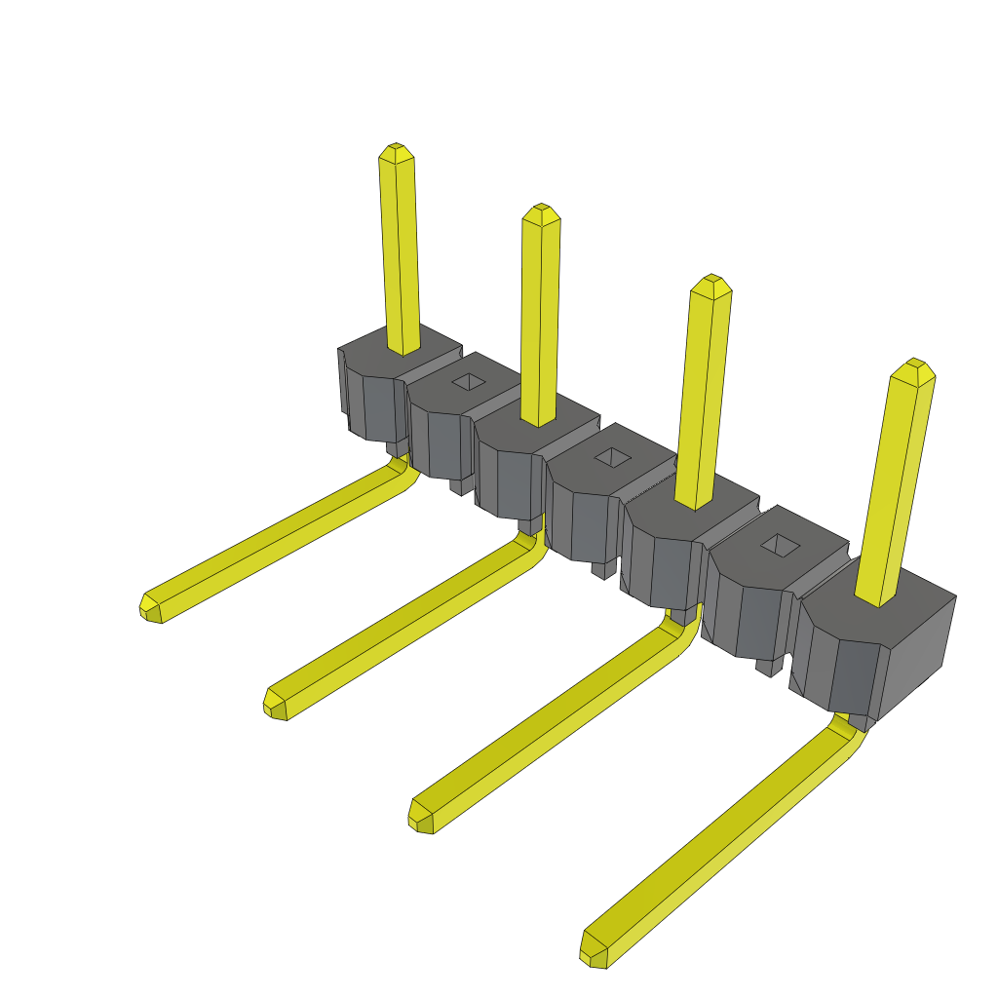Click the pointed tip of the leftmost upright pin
click(396, 152)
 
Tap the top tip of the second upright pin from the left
click(541, 212)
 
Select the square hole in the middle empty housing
click(613, 457)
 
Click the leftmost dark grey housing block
click(375, 390)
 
